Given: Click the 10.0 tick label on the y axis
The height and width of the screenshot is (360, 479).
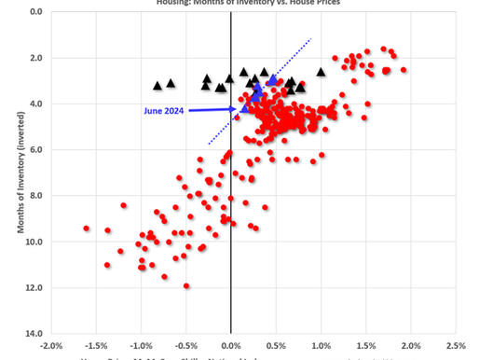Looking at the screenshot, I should click(35, 242).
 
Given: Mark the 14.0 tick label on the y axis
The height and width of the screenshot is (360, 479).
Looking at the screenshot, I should click(35, 333).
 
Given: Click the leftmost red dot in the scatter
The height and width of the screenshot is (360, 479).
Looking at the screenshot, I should click(87, 228).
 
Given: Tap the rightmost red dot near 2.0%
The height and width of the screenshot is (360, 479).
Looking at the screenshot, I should click(404, 70).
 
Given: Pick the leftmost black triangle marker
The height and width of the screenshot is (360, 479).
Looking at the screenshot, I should click(157, 85).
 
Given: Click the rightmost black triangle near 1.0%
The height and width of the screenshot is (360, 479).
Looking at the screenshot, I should click(322, 72).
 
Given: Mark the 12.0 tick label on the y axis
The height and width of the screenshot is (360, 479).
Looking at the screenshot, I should click(35, 287).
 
